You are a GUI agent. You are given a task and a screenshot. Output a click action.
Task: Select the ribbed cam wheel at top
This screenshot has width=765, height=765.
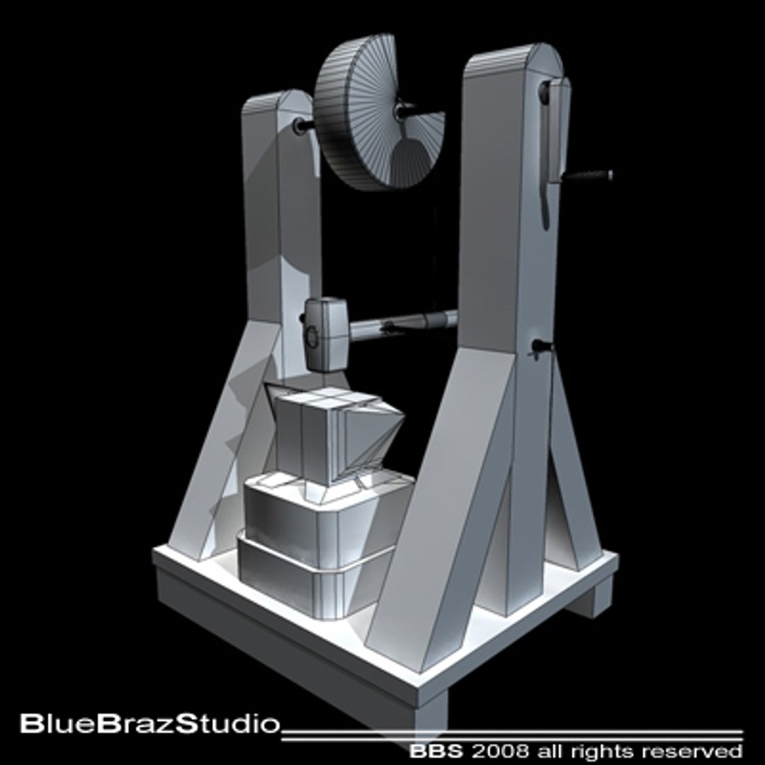368,113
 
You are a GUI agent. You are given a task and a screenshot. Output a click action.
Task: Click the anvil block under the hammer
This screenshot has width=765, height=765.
333,436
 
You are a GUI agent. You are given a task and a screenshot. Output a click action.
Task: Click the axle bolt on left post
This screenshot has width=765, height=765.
300,127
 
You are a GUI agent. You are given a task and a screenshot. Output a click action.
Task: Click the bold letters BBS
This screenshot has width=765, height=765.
433,750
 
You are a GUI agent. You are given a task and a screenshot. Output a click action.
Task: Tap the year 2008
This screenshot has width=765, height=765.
489,750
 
